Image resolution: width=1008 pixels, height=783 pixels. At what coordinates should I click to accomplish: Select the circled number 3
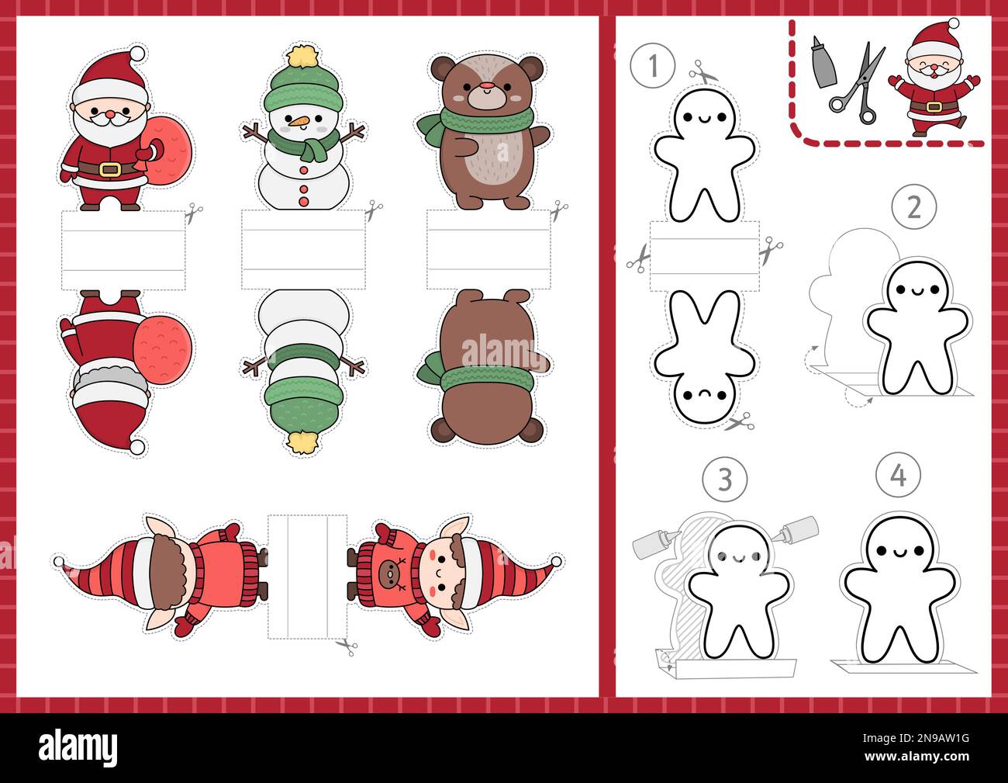723,479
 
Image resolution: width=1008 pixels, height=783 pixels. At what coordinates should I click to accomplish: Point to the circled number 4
898,475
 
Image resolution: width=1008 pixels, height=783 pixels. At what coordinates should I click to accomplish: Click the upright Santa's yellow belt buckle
109,168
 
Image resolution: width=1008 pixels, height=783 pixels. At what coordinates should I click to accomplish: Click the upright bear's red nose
488,85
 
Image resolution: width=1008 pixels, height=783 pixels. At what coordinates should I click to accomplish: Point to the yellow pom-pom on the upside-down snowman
299,442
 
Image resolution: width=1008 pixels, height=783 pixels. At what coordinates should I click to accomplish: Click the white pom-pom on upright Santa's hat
137,54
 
